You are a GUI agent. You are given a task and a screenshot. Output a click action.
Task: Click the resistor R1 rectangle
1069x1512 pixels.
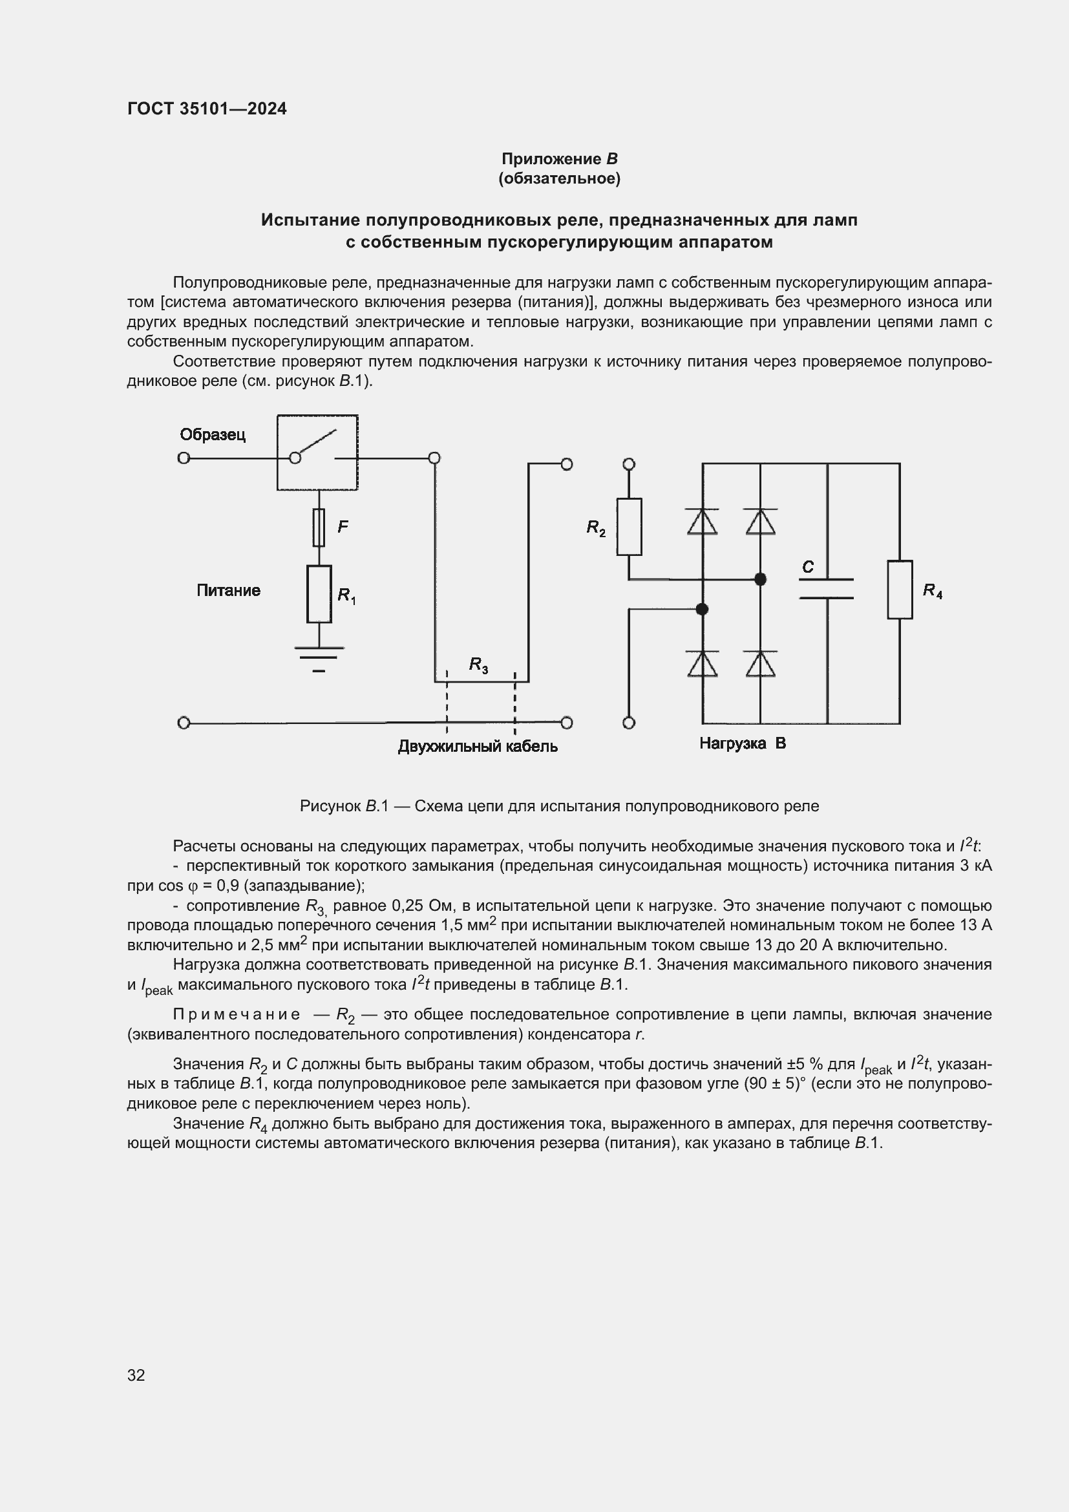[319, 593]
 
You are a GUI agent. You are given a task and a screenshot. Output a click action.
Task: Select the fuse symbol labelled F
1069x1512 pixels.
[319, 527]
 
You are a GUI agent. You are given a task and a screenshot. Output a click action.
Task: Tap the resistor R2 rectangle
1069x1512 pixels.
[629, 527]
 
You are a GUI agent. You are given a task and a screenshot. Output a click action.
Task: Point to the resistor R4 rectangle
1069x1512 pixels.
[899, 590]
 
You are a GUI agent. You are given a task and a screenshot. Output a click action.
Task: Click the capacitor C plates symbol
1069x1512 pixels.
[826, 589]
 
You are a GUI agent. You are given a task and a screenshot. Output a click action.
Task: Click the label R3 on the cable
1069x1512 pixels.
[478, 665]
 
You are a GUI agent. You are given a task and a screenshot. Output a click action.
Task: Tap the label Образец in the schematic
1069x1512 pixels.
[213, 434]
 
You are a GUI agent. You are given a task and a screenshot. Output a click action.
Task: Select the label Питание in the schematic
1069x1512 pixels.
[228, 590]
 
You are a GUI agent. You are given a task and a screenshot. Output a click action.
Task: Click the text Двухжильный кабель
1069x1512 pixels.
[478, 746]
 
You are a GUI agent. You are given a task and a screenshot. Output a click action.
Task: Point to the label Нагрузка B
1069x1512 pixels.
[743, 743]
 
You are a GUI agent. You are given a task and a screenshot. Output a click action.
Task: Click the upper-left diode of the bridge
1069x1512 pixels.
[702, 522]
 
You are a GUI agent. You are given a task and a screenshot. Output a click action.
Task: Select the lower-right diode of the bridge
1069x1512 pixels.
[760, 664]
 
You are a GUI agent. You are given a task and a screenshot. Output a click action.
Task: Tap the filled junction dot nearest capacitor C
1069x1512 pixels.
[760, 579]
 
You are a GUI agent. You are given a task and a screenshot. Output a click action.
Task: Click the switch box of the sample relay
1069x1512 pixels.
[317, 453]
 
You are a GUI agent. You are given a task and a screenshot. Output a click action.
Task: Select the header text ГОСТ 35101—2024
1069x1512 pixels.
[207, 109]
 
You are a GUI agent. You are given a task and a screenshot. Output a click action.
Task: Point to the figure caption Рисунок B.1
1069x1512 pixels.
[559, 806]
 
